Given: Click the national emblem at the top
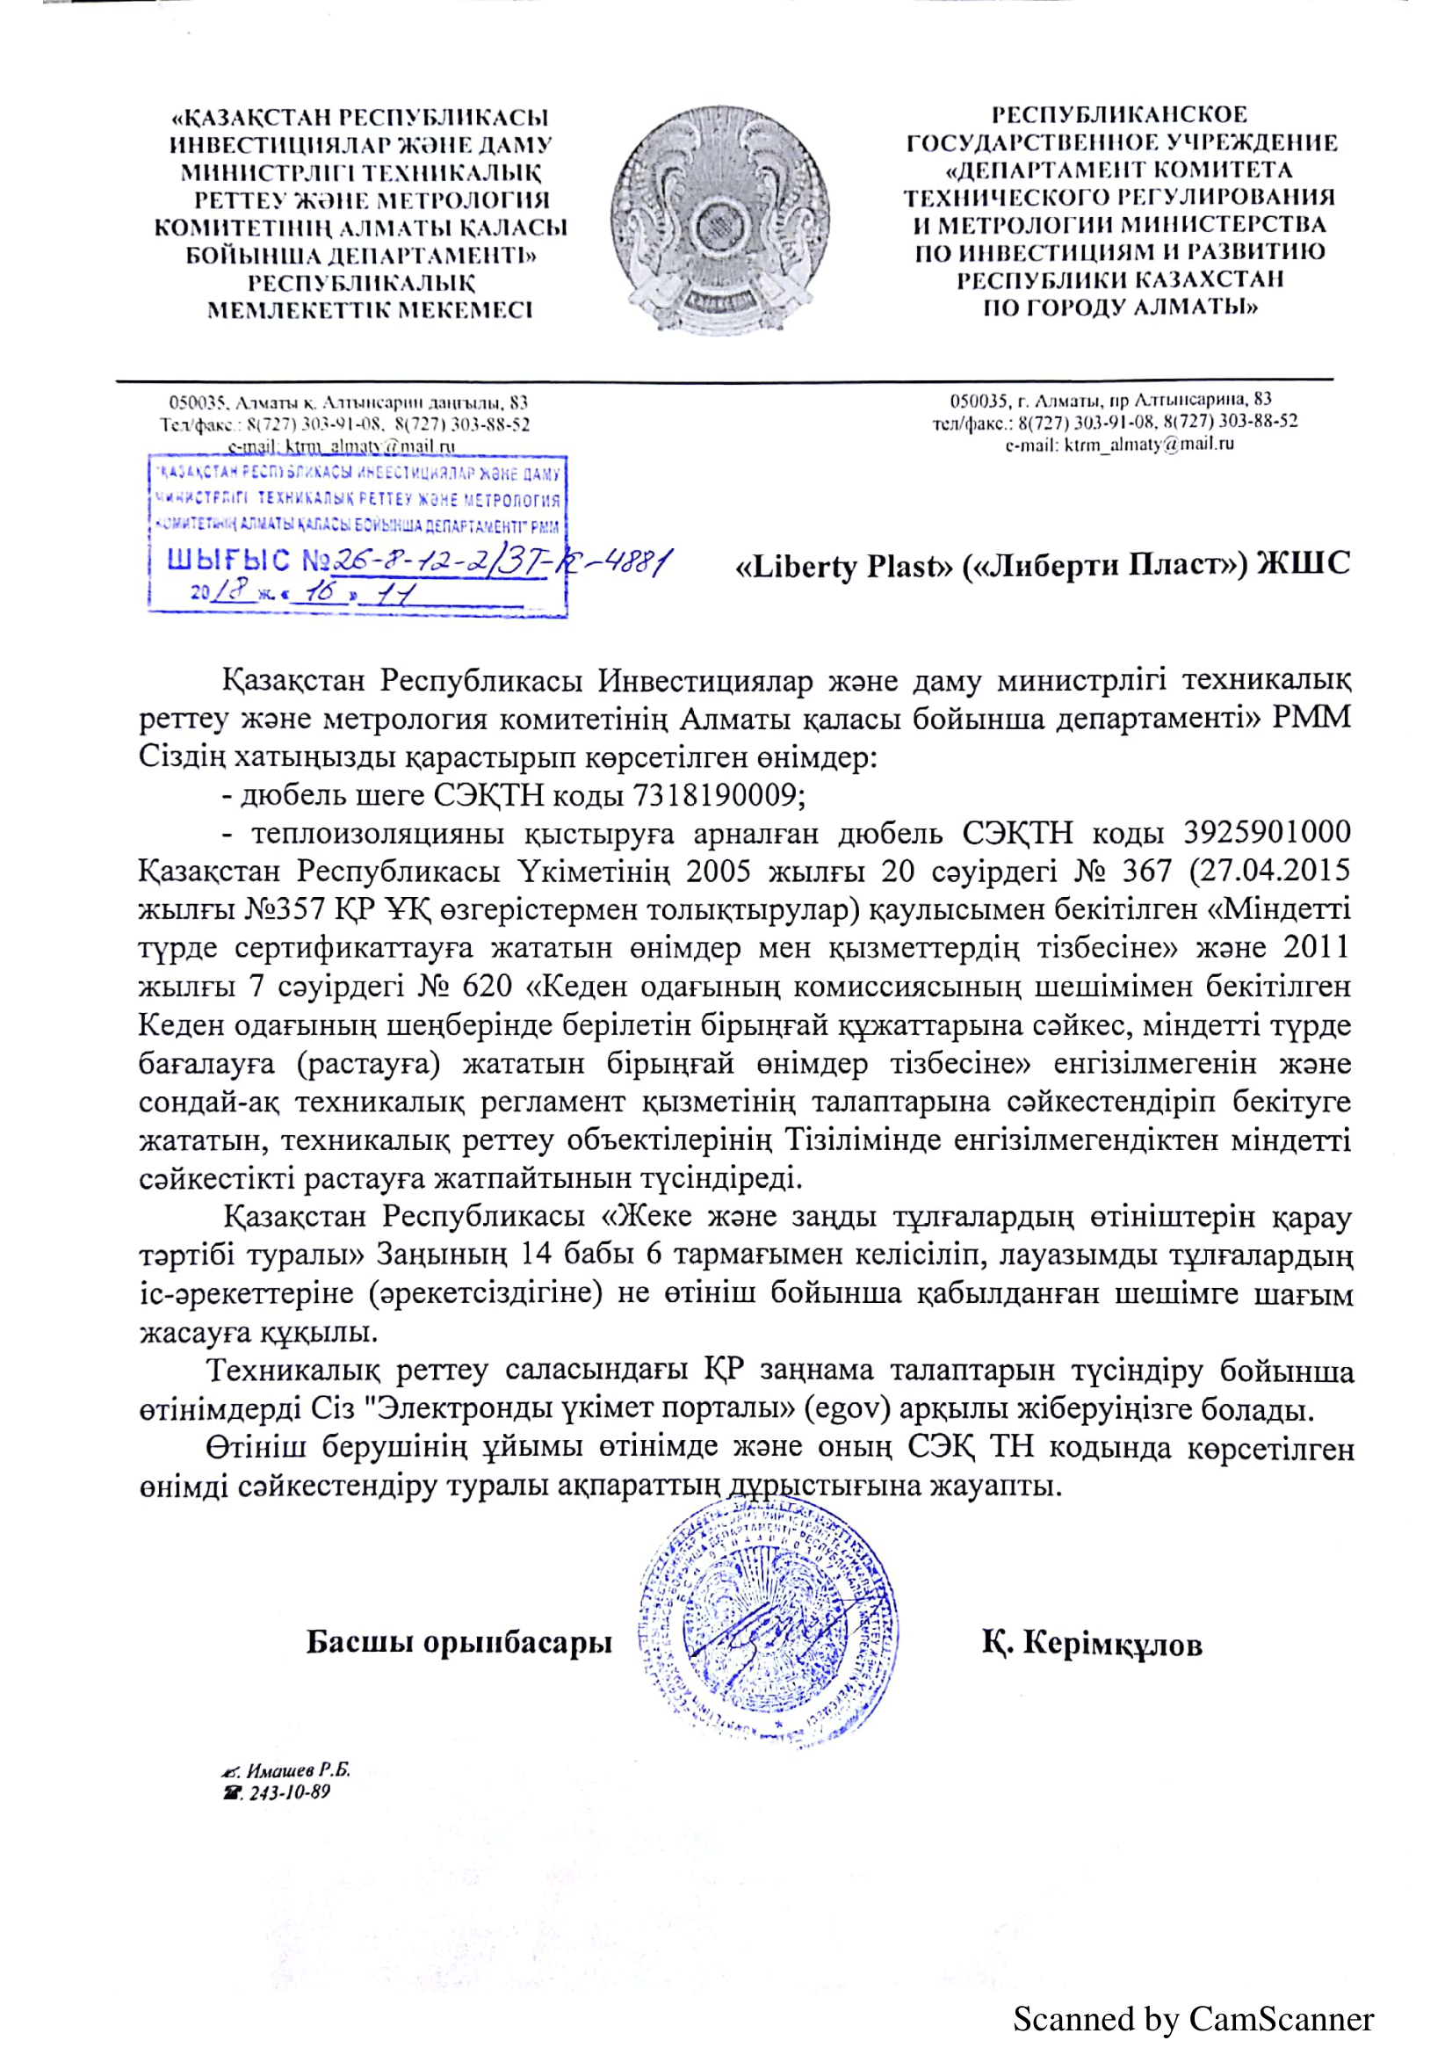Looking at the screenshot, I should tap(720, 220).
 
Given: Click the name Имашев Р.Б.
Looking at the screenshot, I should tap(298, 1769).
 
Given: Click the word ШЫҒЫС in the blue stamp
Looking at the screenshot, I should tap(229, 561).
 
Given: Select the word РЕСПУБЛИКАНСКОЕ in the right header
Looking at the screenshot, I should tap(1119, 114).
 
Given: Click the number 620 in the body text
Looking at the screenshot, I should tap(487, 987).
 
